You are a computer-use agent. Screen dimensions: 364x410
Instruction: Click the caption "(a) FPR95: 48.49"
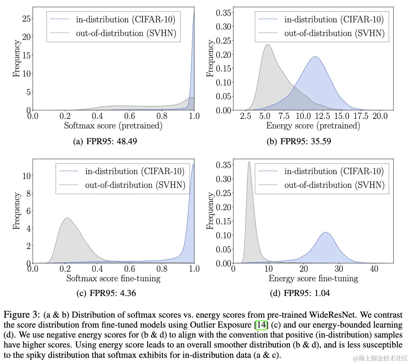point(105,141)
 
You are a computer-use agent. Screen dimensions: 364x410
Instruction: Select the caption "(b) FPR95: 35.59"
point(299,141)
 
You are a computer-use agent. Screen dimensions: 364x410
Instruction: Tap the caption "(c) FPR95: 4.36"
point(105,293)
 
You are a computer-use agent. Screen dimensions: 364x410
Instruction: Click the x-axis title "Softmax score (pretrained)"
point(113,126)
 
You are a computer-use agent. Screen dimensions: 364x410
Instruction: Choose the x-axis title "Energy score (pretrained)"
point(313,126)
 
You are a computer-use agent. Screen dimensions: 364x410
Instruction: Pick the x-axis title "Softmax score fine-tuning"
point(113,278)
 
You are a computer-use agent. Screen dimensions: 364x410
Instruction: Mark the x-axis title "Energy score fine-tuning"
point(313,278)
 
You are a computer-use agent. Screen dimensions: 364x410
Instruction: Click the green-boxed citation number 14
point(261,325)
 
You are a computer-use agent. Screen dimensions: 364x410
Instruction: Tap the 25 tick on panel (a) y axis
point(26,19)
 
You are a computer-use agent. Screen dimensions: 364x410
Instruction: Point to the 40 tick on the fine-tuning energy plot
point(374,269)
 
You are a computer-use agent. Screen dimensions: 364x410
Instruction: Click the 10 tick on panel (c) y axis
point(26,176)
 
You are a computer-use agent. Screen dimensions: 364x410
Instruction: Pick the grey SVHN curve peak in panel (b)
point(267,45)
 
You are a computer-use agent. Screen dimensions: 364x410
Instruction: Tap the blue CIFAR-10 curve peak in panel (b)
point(315,57)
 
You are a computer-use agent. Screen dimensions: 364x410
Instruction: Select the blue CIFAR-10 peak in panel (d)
point(325,233)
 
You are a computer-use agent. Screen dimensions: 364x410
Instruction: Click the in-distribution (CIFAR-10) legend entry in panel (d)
point(334,171)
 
